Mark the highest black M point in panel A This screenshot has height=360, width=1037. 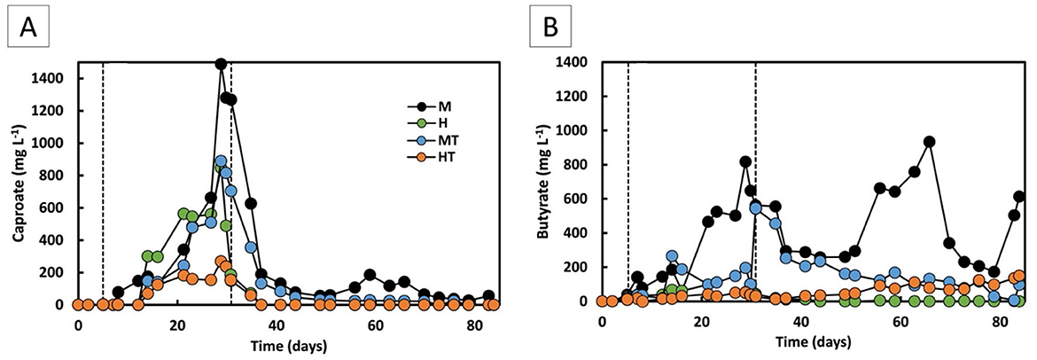[221, 64]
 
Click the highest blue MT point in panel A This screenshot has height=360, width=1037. [221, 161]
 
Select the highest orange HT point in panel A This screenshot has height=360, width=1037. [221, 262]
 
